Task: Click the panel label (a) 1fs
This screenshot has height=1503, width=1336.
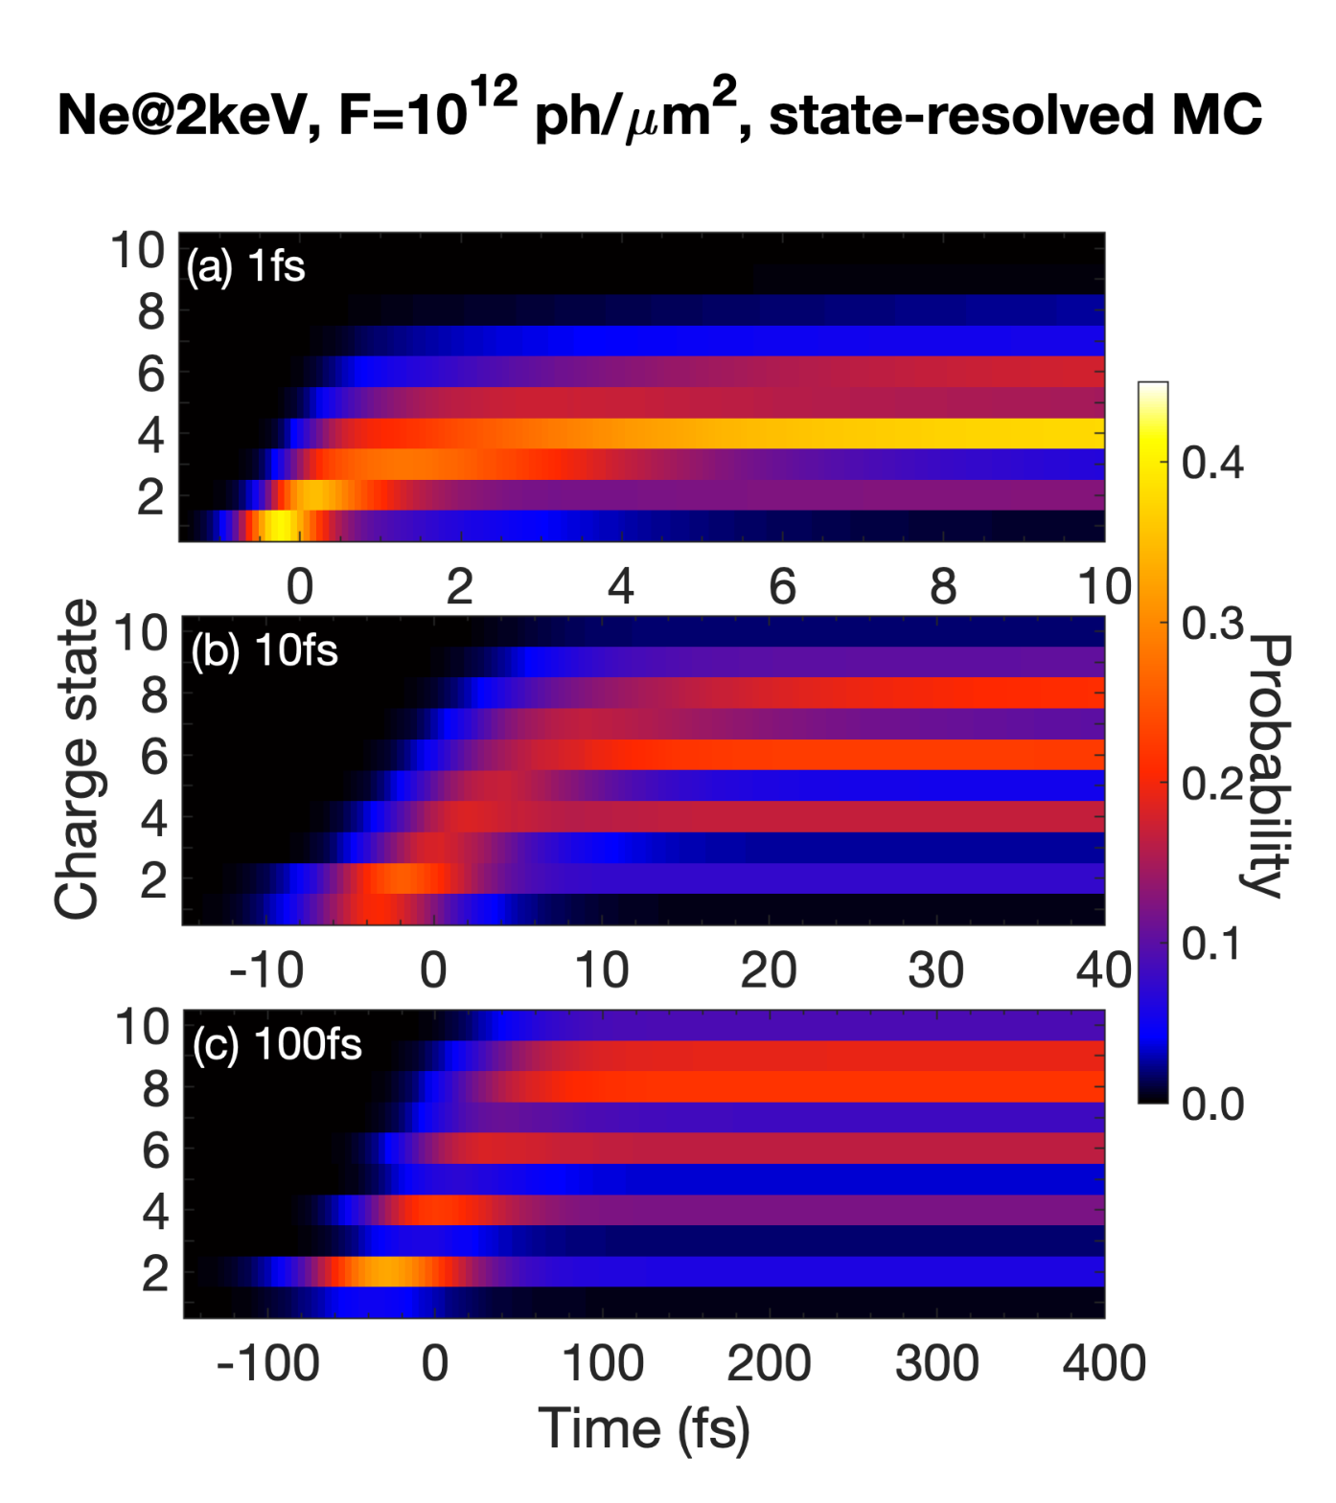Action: [246, 266]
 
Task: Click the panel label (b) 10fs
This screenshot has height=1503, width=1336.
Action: [265, 651]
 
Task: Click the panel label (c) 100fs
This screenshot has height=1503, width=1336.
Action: [277, 1044]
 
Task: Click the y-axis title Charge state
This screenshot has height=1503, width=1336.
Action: [77, 759]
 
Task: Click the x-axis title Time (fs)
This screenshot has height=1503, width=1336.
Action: [644, 1429]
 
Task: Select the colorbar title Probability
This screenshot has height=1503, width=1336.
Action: [1271, 765]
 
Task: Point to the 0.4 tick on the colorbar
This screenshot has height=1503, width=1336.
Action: [1212, 463]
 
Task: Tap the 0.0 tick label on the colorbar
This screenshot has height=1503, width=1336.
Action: [1212, 1104]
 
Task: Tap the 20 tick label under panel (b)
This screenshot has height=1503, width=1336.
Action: [769, 970]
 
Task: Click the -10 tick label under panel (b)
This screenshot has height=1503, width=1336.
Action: [266, 970]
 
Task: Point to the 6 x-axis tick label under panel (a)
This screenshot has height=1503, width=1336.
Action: [782, 586]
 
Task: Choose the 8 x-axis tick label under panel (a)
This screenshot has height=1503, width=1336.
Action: [943, 586]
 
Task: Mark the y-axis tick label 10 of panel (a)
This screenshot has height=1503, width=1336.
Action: [138, 251]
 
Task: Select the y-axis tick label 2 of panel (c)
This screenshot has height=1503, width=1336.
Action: [155, 1274]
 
